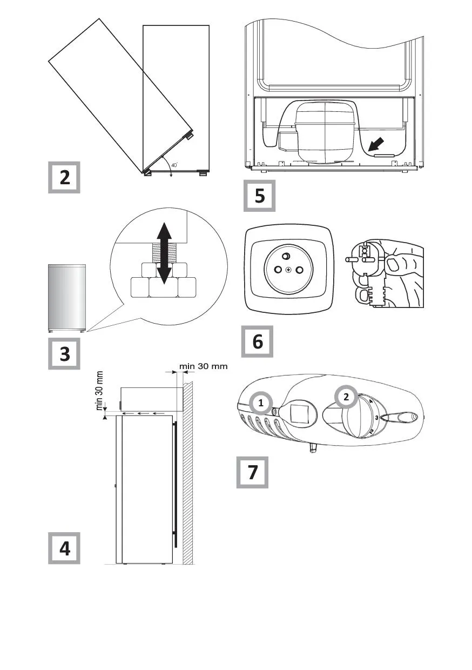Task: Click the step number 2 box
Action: point(65,177)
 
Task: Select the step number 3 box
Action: point(65,354)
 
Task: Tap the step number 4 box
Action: point(65,548)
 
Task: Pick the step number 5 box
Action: point(260,195)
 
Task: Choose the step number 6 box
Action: point(257,341)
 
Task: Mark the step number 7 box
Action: point(252,472)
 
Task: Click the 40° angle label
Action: point(174,165)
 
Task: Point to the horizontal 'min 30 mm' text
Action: point(204,366)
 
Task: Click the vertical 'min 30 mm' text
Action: point(100,391)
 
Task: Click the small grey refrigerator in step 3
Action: point(68,297)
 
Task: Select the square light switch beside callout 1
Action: point(298,414)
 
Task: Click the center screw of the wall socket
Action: point(288,270)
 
